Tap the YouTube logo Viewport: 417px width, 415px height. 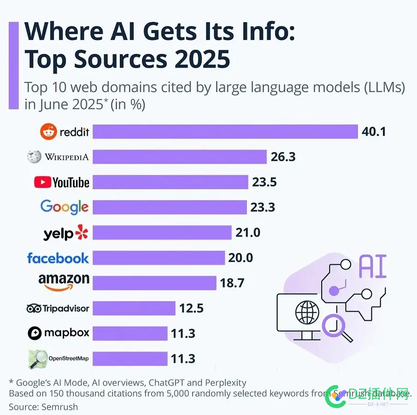(62, 182)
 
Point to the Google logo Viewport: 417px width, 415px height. (65, 207)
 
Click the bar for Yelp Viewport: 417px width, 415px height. (162, 233)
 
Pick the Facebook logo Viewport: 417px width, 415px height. (58, 258)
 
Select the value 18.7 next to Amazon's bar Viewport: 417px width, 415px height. (232, 283)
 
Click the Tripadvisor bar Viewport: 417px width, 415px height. (134, 308)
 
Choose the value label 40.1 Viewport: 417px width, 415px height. (374, 132)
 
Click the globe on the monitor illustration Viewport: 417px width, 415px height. (307, 312)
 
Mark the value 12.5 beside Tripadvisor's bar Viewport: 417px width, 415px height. (191, 308)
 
